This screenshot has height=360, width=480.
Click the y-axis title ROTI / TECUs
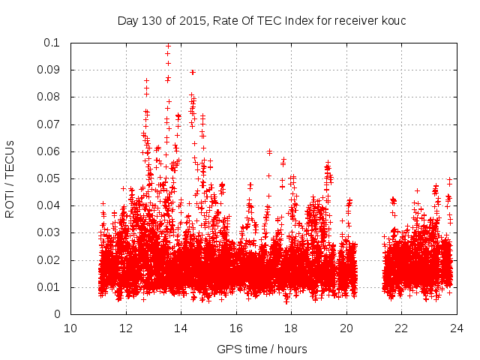pyautogui.click(x=10, y=178)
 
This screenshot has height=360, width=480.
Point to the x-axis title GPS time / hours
pyautogui.click(x=262, y=349)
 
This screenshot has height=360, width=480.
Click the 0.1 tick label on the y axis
pyautogui.click(x=52, y=43)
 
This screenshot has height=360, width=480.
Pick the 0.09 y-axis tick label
pyautogui.click(x=49, y=70)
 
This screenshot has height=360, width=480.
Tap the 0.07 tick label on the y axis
pyautogui.click(x=49, y=124)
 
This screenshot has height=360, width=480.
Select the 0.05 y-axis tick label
pyautogui.click(x=49, y=178)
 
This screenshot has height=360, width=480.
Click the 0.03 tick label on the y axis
pyautogui.click(x=49, y=233)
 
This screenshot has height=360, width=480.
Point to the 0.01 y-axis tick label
pyautogui.click(x=49, y=287)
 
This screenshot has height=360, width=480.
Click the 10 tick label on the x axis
pyautogui.click(x=70, y=328)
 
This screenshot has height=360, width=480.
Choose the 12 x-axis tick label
pyautogui.click(x=126, y=328)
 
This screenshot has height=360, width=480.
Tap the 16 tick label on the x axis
pyautogui.click(x=235, y=328)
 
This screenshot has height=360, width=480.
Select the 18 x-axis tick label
pyautogui.click(x=291, y=328)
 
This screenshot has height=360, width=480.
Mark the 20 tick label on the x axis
pyautogui.click(x=346, y=328)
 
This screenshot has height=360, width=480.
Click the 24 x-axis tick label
pyautogui.click(x=456, y=328)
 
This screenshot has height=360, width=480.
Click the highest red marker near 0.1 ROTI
pyautogui.click(x=168, y=46)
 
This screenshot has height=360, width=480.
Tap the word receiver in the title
pyautogui.click(x=352, y=20)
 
